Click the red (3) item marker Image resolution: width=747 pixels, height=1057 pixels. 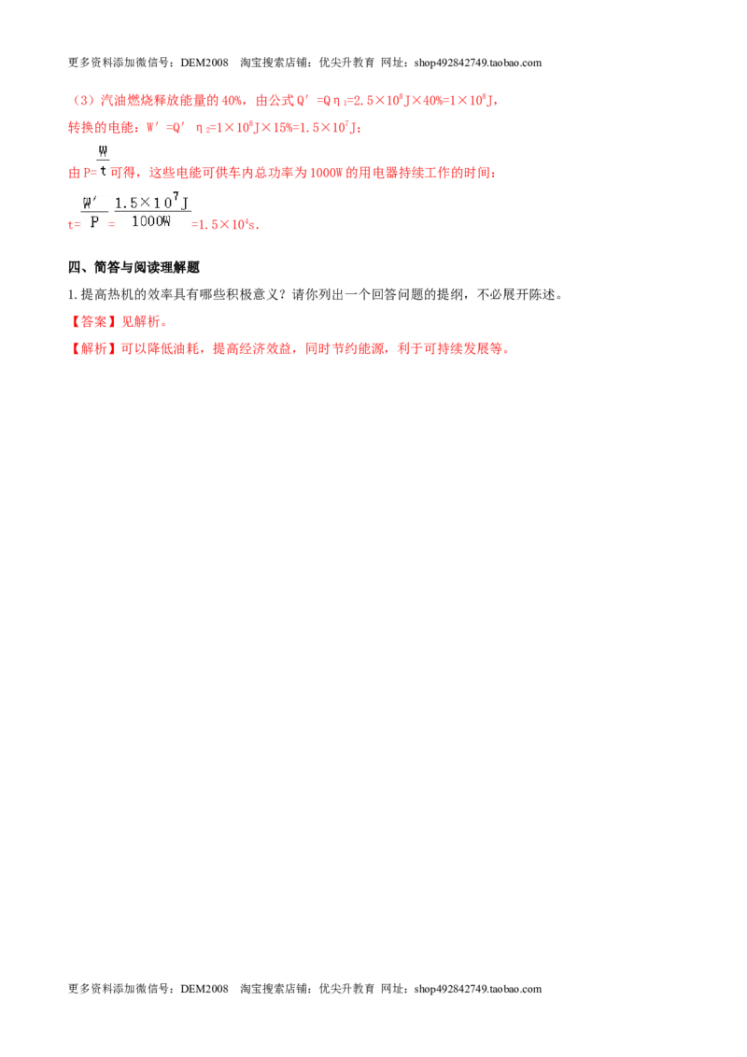click(84, 101)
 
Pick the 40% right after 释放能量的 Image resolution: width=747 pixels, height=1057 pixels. click(232, 101)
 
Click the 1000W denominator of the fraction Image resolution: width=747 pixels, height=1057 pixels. click(151, 221)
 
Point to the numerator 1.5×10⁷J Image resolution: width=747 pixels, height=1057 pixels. click(152, 201)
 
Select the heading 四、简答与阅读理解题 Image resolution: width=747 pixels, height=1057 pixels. click(134, 268)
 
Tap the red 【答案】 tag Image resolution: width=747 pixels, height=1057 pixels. click(93, 321)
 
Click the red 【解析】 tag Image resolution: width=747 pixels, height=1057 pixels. click(93, 348)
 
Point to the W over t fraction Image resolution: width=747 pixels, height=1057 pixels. click(103, 161)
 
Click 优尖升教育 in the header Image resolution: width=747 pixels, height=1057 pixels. click(346, 63)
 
